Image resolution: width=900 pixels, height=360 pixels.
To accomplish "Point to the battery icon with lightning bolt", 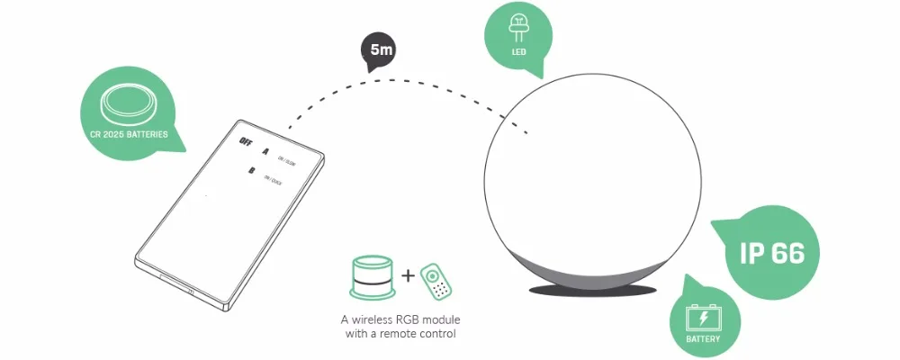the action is point(703,318).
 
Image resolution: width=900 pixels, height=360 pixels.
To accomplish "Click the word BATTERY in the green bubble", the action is point(703,340).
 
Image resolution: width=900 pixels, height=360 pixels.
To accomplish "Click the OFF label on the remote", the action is point(247,139).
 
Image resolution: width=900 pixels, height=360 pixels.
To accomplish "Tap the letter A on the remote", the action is point(265,150).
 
